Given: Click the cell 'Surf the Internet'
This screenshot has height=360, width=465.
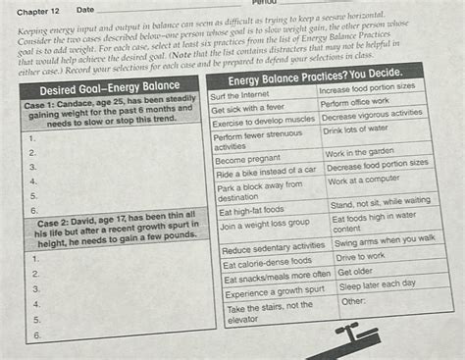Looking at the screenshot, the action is (x=239, y=95).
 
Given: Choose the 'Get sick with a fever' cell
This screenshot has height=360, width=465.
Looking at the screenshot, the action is (x=250, y=109).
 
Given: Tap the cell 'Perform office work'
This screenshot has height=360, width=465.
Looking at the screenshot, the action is (x=356, y=102).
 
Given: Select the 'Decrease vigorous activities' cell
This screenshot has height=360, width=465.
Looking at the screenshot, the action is (x=374, y=116).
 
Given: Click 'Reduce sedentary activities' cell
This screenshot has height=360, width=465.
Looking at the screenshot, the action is (x=274, y=246).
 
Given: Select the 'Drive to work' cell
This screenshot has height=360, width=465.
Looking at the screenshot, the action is (x=361, y=257).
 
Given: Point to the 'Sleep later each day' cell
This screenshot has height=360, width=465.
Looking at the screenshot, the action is (x=378, y=284).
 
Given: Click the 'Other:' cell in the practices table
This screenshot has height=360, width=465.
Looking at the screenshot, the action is (x=353, y=301).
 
